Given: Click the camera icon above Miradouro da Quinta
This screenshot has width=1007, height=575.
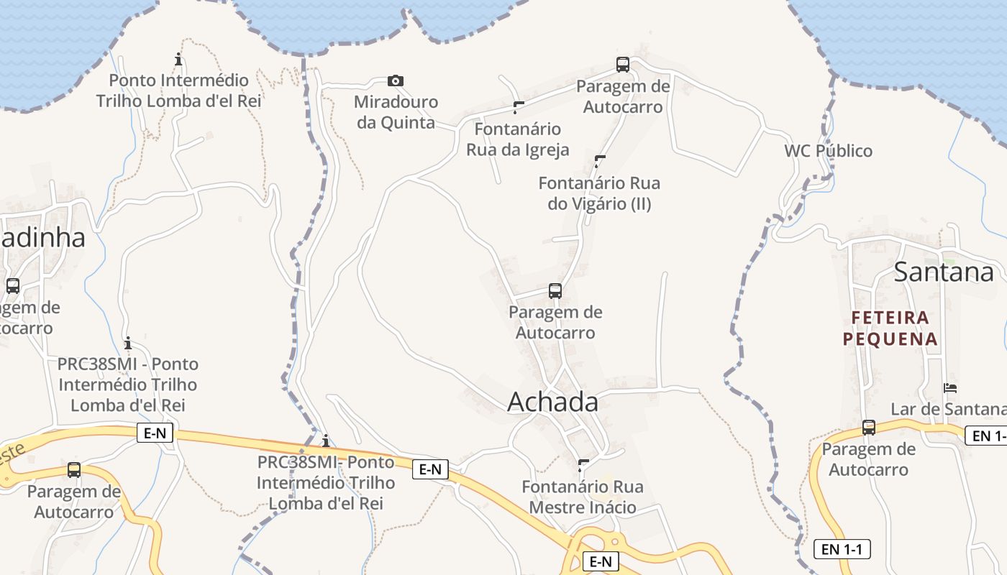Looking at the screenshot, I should click(395, 80).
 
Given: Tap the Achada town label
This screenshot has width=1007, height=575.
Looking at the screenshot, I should click(552, 402).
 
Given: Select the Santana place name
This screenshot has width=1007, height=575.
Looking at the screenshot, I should click(944, 272).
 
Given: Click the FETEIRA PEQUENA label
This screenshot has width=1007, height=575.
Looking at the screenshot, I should click(890, 328).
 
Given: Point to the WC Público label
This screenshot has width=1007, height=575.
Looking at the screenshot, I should click(828, 151).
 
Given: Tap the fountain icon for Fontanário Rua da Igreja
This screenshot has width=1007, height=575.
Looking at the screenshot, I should click(519, 108).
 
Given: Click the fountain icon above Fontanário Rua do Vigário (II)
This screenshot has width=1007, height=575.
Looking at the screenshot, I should click(600, 161).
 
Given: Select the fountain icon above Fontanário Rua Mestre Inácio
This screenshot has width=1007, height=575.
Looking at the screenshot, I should click(583, 465).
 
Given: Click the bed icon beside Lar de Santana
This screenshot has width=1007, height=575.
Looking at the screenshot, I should click(950, 388).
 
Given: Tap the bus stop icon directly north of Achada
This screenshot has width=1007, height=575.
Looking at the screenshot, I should click(555, 291).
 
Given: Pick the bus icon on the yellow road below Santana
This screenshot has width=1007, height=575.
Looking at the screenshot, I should click(868, 428).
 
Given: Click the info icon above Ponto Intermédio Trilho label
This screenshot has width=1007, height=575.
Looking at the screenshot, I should click(178, 59).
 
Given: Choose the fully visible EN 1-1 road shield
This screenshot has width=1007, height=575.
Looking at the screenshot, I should click(842, 550).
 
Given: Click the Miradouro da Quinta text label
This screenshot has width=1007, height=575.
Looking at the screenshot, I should click(396, 112).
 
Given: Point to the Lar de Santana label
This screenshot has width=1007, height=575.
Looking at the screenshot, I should click(948, 409).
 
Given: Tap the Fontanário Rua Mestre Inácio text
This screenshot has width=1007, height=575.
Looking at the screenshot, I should click(583, 497).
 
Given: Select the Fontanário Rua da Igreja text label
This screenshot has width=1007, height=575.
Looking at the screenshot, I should click(518, 139).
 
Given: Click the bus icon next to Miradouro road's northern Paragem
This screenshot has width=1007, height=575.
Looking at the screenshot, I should click(623, 65).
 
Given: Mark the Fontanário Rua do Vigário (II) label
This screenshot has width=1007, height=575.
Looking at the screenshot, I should click(599, 193).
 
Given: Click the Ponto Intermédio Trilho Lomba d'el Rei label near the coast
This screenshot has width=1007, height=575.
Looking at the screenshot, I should click(178, 91).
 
